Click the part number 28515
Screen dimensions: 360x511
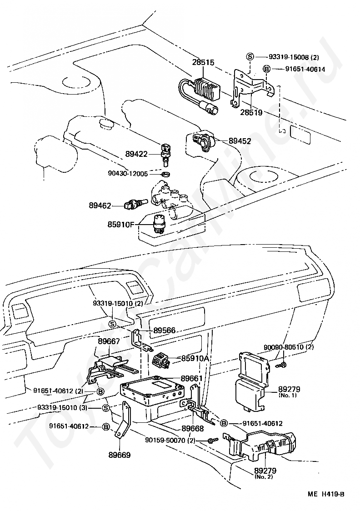[203, 62]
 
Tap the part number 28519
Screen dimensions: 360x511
[251, 112]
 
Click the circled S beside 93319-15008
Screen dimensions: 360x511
[250, 57]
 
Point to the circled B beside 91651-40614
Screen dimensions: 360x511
[266, 69]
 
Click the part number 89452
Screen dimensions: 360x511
[240, 141]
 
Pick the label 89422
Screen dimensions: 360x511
[136, 154]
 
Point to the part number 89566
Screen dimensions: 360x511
[165, 331]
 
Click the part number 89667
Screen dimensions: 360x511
[109, 341]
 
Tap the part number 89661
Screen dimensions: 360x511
[192, 378]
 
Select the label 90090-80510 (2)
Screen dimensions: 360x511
[288, 347]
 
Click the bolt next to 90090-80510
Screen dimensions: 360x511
[283, 364]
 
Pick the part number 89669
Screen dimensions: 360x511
[120, 455]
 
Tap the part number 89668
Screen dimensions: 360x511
[193, 428]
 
